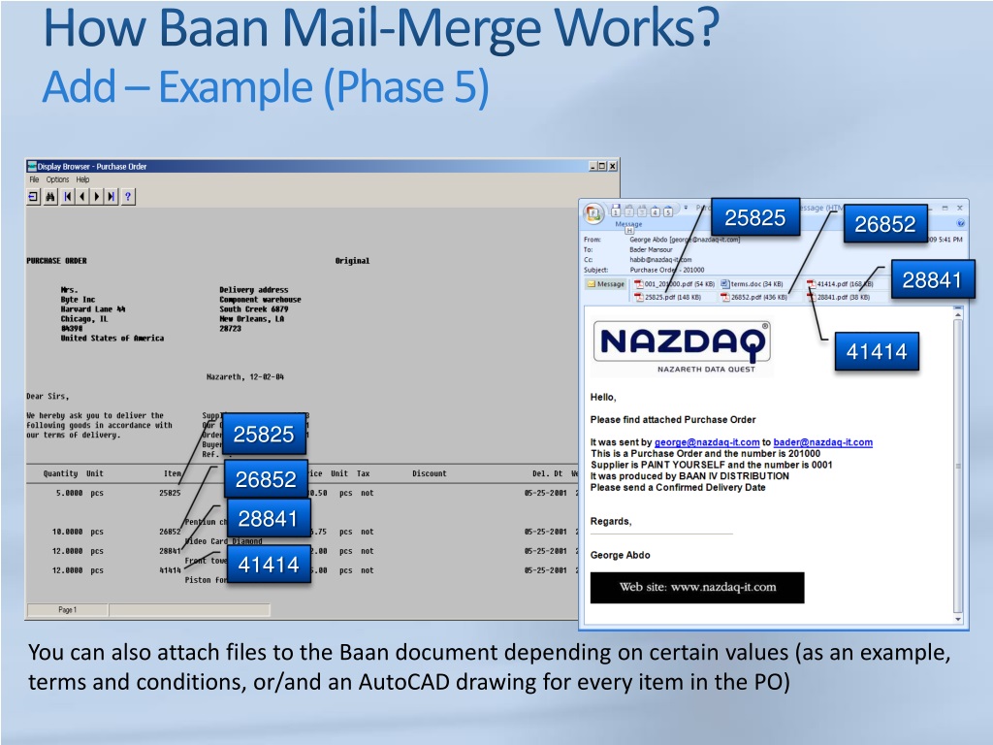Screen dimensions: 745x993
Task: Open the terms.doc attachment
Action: coord(748,284)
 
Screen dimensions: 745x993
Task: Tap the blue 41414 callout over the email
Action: coord(877,352)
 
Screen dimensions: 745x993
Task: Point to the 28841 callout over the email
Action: coord(931,280)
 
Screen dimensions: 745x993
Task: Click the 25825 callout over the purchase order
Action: coord(264,435)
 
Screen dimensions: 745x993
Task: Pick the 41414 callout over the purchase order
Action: coord(269,565)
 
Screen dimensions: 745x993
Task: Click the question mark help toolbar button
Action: coord(128,196)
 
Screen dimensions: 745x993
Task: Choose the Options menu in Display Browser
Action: coord(57,179)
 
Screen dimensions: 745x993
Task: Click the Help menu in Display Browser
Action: coord(82,179)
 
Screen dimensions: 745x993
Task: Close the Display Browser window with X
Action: coord(613,166)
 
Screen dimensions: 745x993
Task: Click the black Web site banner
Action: coord(697,587)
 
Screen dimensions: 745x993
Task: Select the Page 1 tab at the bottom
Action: coord(67,610)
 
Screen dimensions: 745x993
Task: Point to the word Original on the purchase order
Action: coord(352,261)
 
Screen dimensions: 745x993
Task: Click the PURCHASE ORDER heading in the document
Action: coord(56,261)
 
